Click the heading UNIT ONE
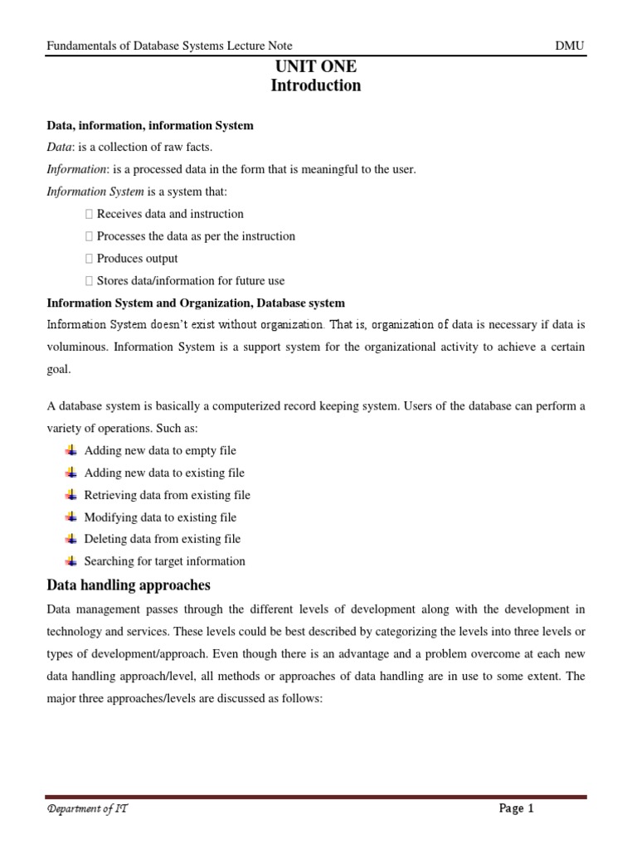315,67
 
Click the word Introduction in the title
315,85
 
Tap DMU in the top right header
571,46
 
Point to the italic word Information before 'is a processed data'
76,170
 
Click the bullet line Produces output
137,259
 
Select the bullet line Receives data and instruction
170,214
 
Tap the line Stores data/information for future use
190,281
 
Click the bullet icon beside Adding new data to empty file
71,450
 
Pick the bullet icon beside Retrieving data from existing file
71,495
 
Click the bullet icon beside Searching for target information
71,561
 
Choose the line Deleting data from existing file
162,539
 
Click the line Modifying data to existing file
160,517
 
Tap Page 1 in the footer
517,809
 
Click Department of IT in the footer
87,809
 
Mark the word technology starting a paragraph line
75,632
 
